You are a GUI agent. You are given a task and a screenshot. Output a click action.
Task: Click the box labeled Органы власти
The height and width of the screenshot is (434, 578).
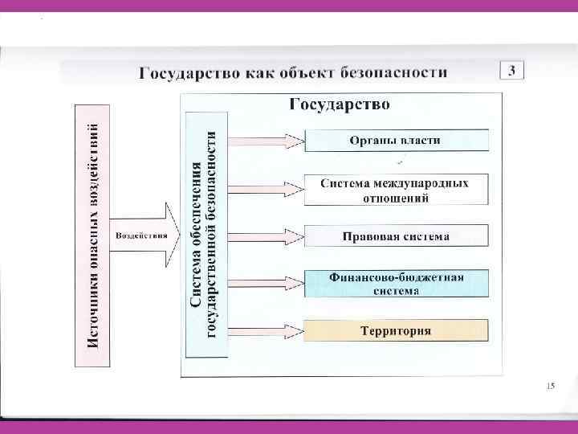tap(396, 141)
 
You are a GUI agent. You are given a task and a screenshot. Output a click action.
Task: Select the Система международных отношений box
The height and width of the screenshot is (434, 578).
tap(396, 190)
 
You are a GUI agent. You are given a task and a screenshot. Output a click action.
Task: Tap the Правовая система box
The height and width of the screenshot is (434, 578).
tap(396, 236)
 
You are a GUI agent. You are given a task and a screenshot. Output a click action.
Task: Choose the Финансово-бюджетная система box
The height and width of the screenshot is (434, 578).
tap(396, 283)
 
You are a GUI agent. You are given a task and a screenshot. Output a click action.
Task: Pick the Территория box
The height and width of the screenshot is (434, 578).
tap(396, 330)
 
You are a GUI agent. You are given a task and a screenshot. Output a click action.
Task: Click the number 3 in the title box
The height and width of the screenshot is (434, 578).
tap(511, 70)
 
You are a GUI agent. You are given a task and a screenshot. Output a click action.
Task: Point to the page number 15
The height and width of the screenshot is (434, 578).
tap(549, 387)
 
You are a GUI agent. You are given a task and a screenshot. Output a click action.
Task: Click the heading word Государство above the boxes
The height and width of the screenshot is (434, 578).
tap(340, 104)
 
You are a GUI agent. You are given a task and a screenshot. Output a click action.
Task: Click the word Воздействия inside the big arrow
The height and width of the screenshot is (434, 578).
tap(141, 236)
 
